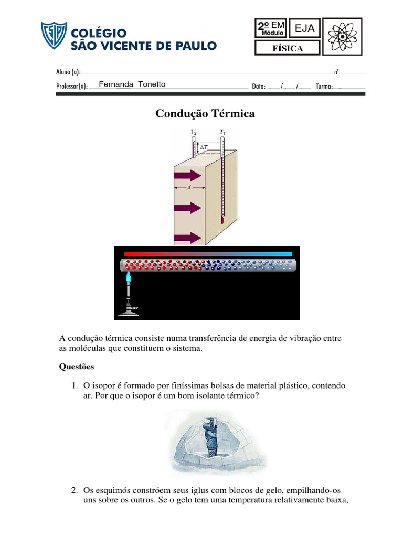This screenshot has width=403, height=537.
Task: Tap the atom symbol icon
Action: tap(342, 37)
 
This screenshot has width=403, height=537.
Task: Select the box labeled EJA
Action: tap(305, 29)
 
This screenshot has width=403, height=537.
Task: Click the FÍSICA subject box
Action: tap(288, 49)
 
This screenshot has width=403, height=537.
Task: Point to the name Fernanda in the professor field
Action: tap(116, 84)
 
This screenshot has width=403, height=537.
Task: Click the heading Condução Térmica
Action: tap(205, 114)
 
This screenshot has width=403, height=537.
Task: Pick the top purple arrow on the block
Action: tap(188, 176)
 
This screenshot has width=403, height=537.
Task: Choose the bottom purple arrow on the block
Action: tap(188, 238)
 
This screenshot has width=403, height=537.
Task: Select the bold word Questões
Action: tap(77, 367)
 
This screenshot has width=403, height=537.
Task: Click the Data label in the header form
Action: tap(259, 87)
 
